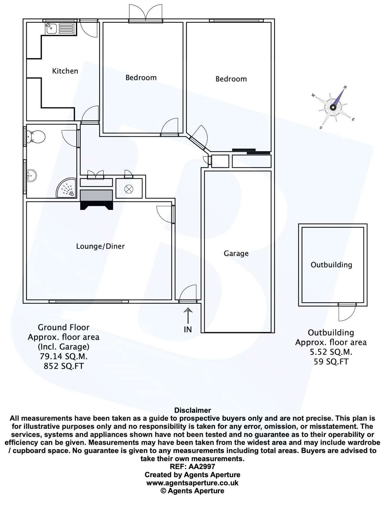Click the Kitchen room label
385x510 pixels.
[65, 71]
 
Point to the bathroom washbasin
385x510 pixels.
[32, 176]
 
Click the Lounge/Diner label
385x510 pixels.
[100, 246]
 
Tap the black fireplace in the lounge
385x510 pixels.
[96, 200]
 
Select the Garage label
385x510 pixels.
[236, 253]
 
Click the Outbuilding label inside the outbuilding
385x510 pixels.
[331, 265]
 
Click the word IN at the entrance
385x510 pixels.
[188, 330]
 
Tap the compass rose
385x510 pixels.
[333, 107]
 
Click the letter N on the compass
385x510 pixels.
[345, 87]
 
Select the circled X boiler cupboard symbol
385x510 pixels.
[129, 189]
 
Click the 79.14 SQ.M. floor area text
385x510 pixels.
[64, 356]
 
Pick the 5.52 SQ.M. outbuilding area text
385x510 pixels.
[331, 352]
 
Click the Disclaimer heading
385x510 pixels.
[192, 410]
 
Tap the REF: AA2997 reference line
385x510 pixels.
[192, 467]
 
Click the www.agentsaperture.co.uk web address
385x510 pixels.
[192, 483]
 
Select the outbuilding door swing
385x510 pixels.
[347, 312]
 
